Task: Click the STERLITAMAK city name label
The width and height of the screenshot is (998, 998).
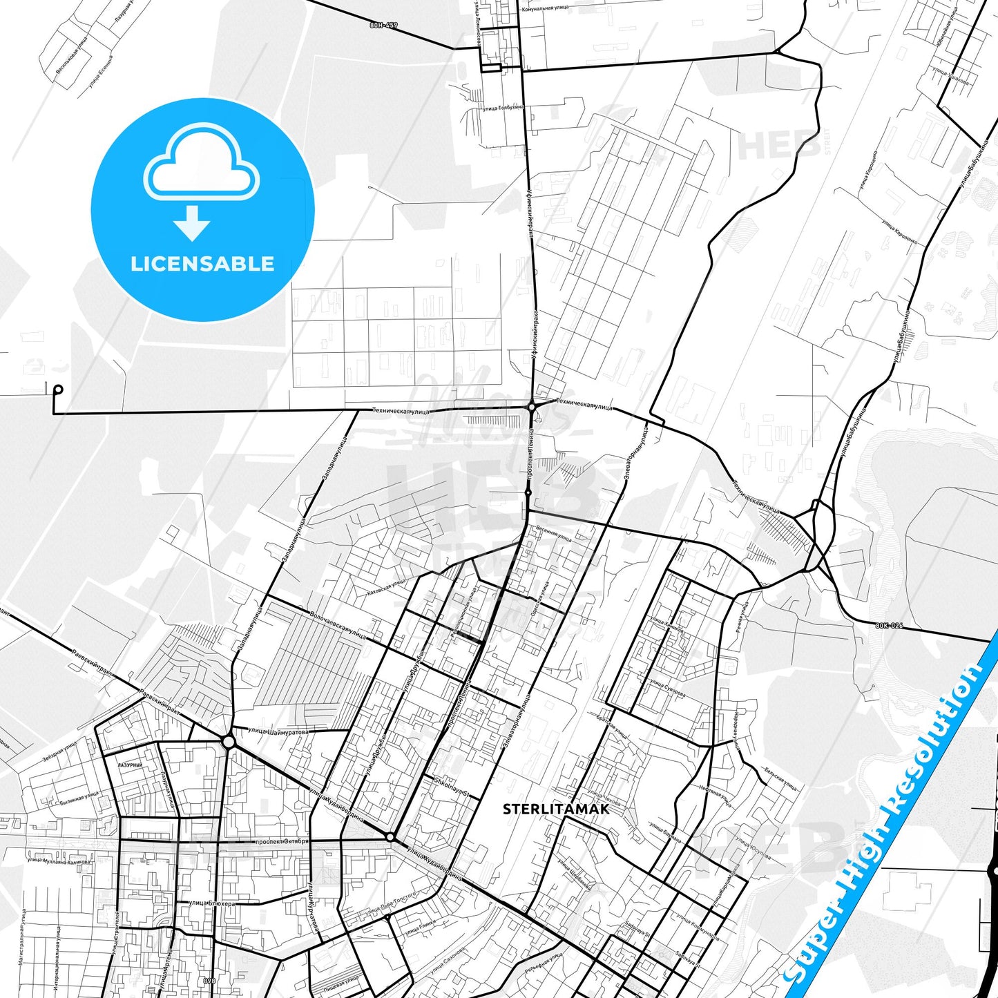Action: pos(556,809)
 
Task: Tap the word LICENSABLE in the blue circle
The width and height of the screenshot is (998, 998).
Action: pos(202,264)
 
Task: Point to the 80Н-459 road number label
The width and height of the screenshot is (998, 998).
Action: pos(384,26)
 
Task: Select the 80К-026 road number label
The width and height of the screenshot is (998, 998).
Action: pos(889,626)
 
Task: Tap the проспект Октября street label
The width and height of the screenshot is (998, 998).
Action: pos(282,842)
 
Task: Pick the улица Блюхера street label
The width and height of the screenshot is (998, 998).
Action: pos(212,903)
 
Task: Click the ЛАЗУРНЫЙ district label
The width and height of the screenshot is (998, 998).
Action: pos(130,765)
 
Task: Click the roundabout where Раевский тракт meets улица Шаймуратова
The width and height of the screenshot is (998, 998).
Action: pos(229,742)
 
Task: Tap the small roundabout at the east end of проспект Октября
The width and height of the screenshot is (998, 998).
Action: pos(390,837)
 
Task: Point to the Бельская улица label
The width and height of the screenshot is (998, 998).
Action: pos(780,779)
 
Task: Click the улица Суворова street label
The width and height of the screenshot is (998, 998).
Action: pos(667,686)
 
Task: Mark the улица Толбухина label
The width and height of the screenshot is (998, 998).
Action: pos(503,108)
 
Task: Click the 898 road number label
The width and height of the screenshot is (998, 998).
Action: pos(209,980)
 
